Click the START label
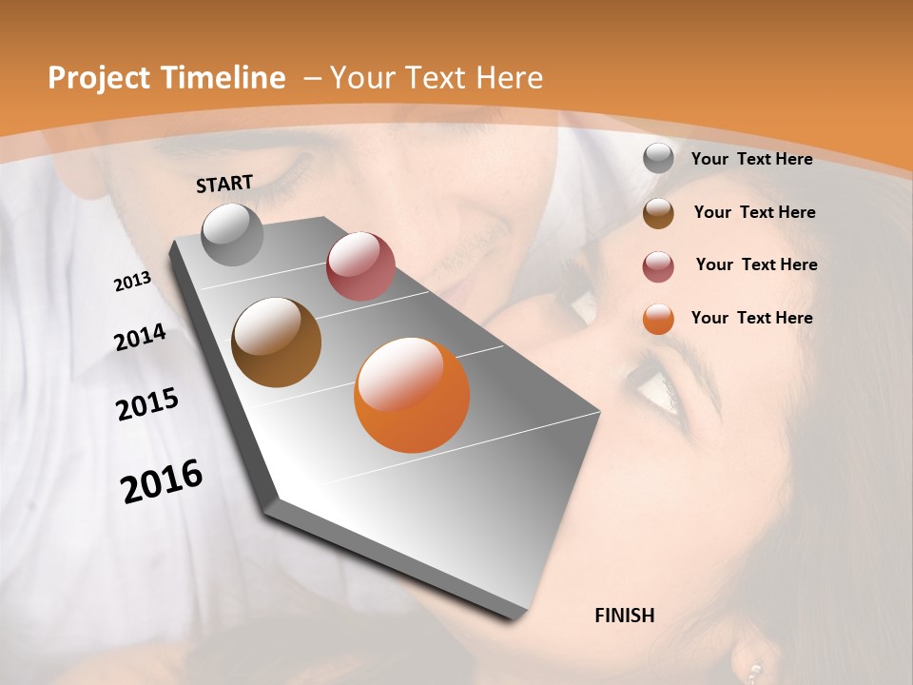(x=224, y=184)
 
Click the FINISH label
(x=625, y=616)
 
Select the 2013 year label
(x=132, y=282)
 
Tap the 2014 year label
(x=140, y=337)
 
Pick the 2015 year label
(x=147, y=404)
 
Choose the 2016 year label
(x=162, y=480)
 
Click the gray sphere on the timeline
(x=233, y=235)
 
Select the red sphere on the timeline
(x=360, y=265)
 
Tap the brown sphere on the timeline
(x=276, y=342)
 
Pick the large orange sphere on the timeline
(x=412, y=395)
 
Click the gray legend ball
(x=658, y=158)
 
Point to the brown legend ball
(x=658, y=212)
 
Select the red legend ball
(x=658, y=265)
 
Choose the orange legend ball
(x=658, y=319)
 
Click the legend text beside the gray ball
(x=751, y=159)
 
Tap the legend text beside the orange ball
(x=751, y=318)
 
